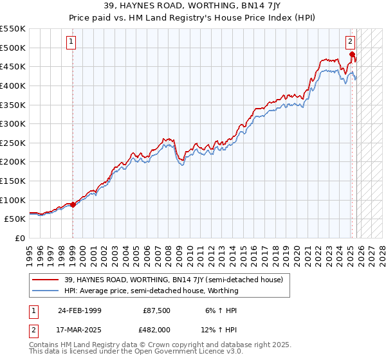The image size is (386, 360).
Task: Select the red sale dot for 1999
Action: (x=73, y=205)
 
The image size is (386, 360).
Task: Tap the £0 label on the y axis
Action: (x=19, y=238)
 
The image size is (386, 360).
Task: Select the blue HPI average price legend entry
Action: (x=151, y=291)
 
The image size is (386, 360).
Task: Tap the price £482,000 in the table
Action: (x=156, y=330)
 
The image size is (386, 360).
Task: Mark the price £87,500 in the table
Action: (x=156, y=310)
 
